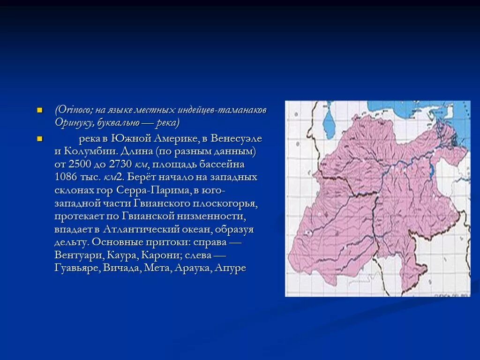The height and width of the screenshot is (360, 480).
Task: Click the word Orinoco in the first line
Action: click(74, 110)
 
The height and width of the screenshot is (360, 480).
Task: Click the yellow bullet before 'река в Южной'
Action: click(40, 139)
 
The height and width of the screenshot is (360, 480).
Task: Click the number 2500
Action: click(80, 165)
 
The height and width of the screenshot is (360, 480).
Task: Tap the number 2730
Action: click(122, 165)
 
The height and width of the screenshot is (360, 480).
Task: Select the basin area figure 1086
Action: click(66, 178)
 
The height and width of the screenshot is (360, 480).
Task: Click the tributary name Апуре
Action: click(230, 269)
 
